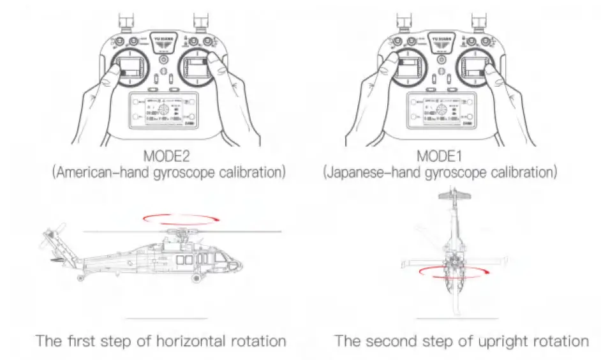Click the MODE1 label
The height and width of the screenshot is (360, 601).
point(440,156)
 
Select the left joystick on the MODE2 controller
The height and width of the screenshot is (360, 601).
point(132,68)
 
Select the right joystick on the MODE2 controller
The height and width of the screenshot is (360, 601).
point(198,68)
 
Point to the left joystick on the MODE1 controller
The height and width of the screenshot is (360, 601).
point(406,68)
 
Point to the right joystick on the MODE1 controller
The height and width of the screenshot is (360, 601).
point(473,68)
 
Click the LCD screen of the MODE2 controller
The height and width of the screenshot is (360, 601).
point(165,113)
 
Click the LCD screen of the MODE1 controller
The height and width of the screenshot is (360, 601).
point(440,113)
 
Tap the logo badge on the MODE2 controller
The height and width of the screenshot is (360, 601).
point(165,40)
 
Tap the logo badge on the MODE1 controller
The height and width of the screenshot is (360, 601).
point(440,40)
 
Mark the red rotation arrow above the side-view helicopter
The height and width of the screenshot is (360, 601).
point(178,220)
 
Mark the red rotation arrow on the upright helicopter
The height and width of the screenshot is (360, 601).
point(447,273)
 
